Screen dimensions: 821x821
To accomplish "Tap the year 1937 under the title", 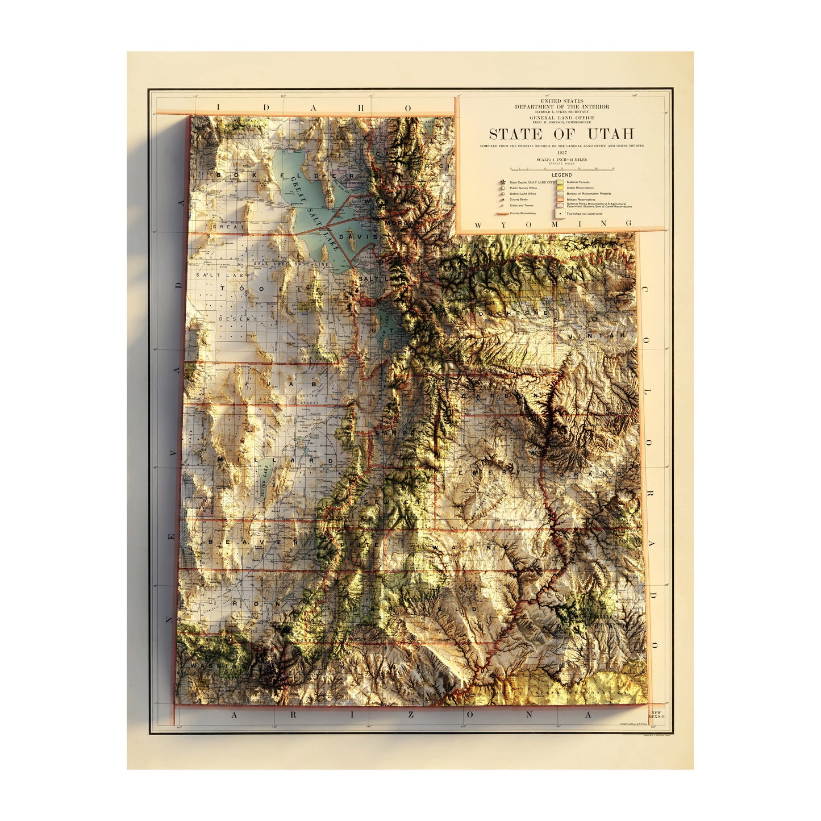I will click(561, 153).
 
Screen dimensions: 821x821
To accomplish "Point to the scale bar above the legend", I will click(561, 169).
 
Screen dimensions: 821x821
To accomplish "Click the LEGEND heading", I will click(561, 175).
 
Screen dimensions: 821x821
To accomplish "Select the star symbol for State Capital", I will click(503, 182).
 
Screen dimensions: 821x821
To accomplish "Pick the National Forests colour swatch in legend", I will click(560, 182).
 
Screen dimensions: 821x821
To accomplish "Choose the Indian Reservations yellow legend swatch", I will click(560, 188).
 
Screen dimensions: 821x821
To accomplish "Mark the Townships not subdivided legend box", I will click(560, 214).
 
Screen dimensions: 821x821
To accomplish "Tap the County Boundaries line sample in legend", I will click(502, 214).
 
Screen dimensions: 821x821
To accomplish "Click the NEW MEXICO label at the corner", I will click(656, 715).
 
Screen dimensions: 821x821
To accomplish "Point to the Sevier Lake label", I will click(262, 482).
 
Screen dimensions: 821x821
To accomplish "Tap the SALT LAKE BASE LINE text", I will click(291, 264).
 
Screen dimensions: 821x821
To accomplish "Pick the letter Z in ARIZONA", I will click(410, 715).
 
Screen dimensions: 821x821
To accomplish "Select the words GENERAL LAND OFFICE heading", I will click(561, 118).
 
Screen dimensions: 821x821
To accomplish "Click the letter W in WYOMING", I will click(477, 225).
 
